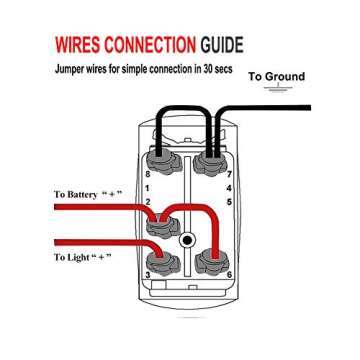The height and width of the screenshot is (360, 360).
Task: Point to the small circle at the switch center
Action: click(186, 240)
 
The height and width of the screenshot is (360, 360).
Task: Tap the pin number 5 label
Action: click(229, 201)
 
